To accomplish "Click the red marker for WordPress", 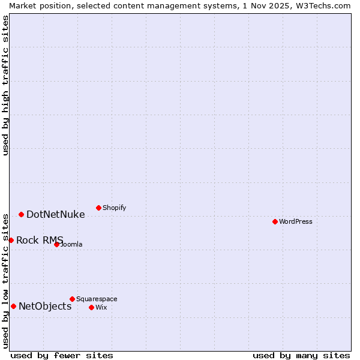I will tap(275, 221).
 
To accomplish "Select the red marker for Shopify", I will tap(98, 208).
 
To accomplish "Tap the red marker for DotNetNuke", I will tap(21, 214).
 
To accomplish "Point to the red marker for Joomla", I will tap(56, 244).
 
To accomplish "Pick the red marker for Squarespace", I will tap(72, 299).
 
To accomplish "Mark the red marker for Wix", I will tap(91, 307).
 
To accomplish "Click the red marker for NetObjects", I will tap(13, 306).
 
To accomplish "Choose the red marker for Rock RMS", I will tap(11, 240).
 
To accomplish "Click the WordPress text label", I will tap(296, 221).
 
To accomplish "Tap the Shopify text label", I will tap(114, 208).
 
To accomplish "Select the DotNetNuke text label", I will tap(55, 214).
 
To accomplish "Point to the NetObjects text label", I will tap(45, 306).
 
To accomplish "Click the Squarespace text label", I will tap(97, 299).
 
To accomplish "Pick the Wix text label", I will tap(101, 307).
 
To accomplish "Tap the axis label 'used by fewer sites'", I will tap(62, 355).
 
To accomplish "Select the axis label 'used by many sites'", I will tap(301, 355).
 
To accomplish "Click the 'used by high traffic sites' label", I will tap(5, 85).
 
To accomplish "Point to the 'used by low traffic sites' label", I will tap(5, 280).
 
